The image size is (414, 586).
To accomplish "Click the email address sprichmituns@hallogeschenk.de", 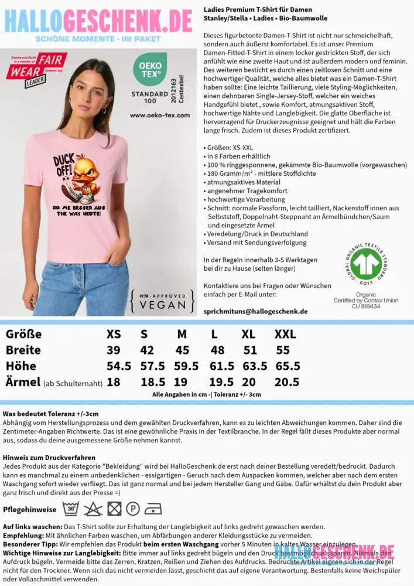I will (x=255, y=311).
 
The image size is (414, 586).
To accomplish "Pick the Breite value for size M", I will (x=182, y=350).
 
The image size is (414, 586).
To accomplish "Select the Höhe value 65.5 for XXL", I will (x=287, y=366).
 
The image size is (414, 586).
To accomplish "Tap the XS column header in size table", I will (x=114, y=334).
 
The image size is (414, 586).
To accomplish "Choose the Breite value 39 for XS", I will (x=114, y=350).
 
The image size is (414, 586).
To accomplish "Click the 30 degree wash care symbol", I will (x=71, y=508).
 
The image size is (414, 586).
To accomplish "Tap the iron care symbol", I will (x=154, y=508).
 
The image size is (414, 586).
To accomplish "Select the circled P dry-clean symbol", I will (x=134, y=508).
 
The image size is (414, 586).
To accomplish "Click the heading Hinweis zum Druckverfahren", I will (x=49, y=458).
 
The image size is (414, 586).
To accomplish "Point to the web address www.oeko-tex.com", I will (x=160, y=115).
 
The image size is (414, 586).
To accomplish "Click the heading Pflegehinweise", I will (x=29, y=509).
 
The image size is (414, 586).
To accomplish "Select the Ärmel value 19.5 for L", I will (x=221, y=382).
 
